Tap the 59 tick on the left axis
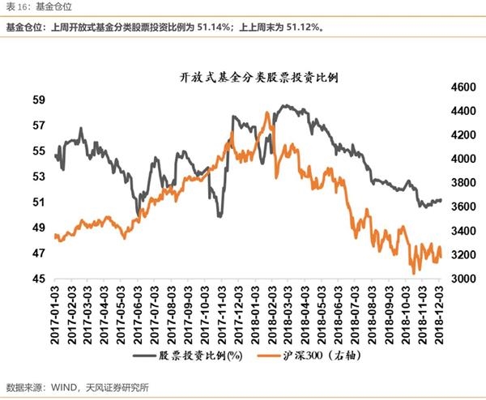point(38,100)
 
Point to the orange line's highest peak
point(266,113)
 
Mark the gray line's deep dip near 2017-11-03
point(220,215)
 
